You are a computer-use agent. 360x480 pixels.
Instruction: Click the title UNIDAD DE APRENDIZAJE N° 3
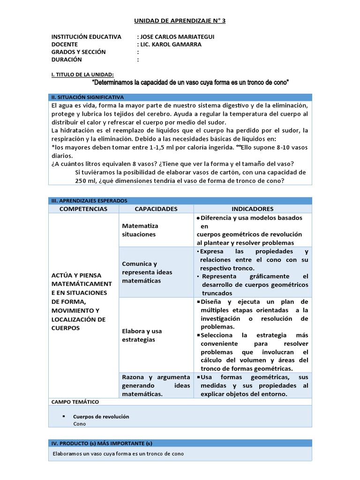[x=180, y=21]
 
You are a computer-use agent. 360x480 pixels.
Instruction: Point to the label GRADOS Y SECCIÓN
[x=79, y=52]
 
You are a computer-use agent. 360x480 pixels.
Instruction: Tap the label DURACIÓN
[x=67, y=60]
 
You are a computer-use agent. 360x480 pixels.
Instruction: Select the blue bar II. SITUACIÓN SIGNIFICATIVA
[x=180, y=97]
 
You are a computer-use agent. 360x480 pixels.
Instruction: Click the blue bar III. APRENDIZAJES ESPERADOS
[x=180, y=201]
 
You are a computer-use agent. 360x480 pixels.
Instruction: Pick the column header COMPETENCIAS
[x=84, y=209]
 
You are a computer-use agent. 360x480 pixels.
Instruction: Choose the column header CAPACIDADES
[x=156, y=209]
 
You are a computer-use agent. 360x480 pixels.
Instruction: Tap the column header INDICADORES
[x=252, y=209]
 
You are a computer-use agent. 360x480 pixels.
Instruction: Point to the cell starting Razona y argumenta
[x=156, y=385]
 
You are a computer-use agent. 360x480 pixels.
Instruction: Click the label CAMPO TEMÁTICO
[x=75, y=402]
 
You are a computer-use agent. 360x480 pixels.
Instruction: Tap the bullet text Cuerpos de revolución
[x=101, y=416]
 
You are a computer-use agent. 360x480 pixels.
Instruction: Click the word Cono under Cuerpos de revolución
[x=80, y=424]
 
